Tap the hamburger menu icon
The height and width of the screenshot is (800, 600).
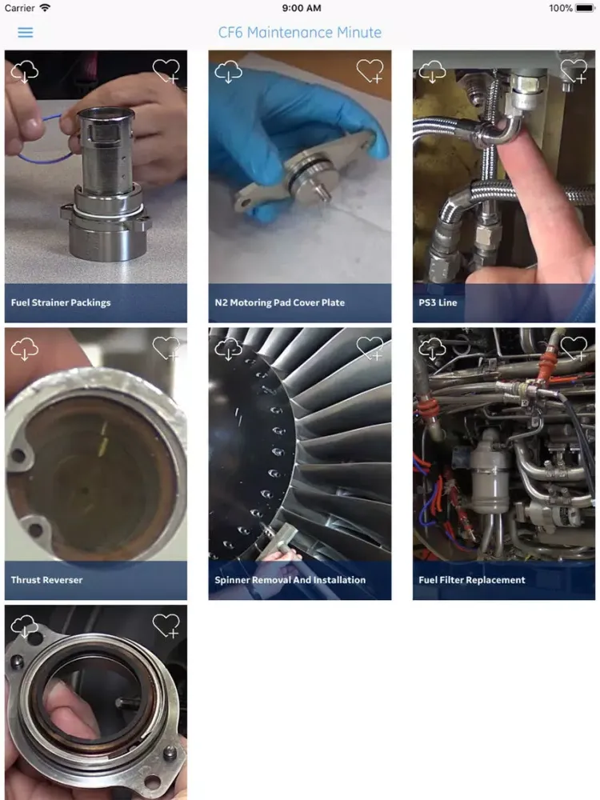click(x=26, y=33)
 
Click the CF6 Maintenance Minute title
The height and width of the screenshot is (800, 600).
click(x=300, y=33)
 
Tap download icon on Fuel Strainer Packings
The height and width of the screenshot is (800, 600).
click(x=25, y=71)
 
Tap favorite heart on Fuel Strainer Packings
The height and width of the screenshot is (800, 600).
click(x=166, y=71)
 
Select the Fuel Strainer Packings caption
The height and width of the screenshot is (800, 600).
click(x=61, y=303)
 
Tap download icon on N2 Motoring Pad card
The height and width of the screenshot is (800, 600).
click(x=229, y=71)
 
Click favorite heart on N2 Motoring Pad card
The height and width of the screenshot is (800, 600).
click(x=370, y=71)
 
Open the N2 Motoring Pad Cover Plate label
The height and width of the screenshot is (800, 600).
click(x=280, y=303)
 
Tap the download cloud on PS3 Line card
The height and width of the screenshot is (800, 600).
click(x=433, y=71)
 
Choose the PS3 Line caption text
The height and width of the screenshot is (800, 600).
click(x=438, y=303)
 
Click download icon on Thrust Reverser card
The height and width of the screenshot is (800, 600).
click(x=25, y=349)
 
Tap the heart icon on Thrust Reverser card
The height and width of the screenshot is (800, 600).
click(x=166, y=349)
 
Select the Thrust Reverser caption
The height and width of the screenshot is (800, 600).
click(x=46, y=580)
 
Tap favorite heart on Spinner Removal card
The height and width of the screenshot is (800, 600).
click(x=370, y=349)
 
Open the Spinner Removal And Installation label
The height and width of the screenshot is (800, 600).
click(x=290, y=580)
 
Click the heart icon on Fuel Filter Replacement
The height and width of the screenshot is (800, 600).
click(x=574, y=349)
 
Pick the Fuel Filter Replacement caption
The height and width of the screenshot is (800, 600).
click(x=472, y=580)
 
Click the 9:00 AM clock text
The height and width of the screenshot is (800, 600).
click(x=301, y=8)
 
